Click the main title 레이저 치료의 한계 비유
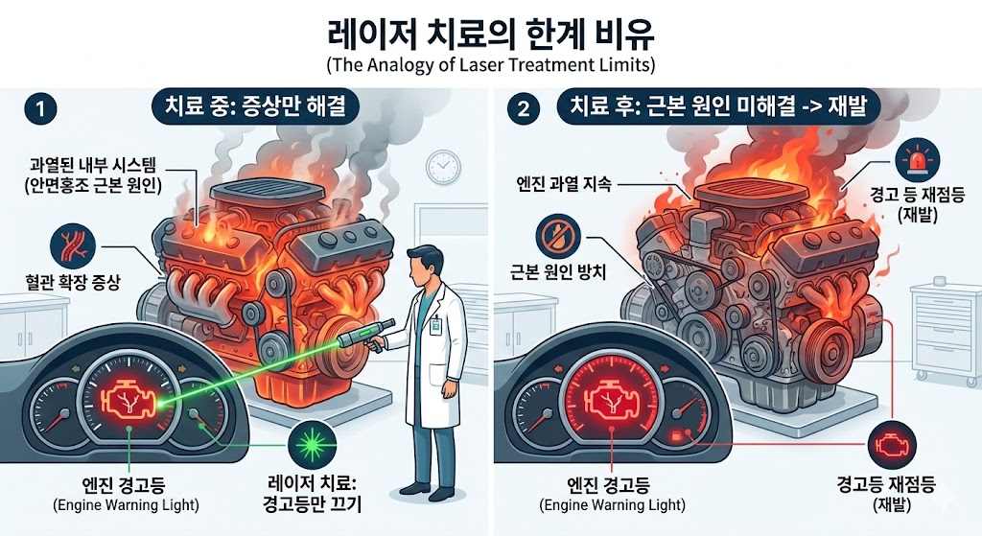(x=491, y=35)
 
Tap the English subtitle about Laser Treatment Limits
(x=490, y=66)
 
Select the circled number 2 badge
(x=523, y=108)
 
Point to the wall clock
(x=443, y=167)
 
